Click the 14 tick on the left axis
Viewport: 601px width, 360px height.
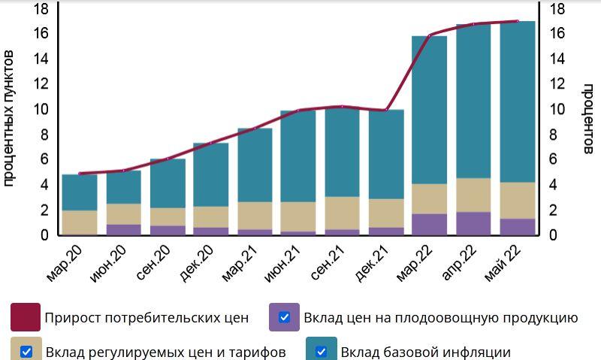[x=41, y=59]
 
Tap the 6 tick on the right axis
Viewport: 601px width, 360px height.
[x=557, y=159]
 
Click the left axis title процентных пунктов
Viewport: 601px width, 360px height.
[x=10, y=119]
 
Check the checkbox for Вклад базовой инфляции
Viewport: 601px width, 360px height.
[x=322, y=351]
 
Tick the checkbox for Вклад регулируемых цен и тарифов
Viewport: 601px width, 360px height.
[x=26, y=351]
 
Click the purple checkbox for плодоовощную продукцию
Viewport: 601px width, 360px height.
[x=285, y=317]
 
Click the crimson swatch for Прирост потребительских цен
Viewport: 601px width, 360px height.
[x=26, y=317]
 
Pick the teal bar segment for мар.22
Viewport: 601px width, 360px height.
[x=430, y=109]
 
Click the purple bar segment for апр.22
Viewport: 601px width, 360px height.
[x=473, y=223]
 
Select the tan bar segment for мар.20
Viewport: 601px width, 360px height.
[x=80, y=222]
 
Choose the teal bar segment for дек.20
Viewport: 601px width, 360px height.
[x=211, y=174]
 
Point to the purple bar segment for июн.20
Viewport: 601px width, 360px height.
[x=123, y=229]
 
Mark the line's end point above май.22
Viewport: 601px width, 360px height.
[x=518, y=21]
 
